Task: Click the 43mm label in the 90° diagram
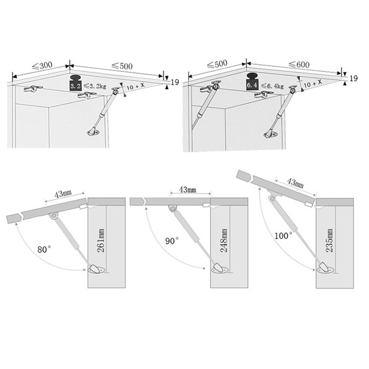187,190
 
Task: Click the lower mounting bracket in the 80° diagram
95,269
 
